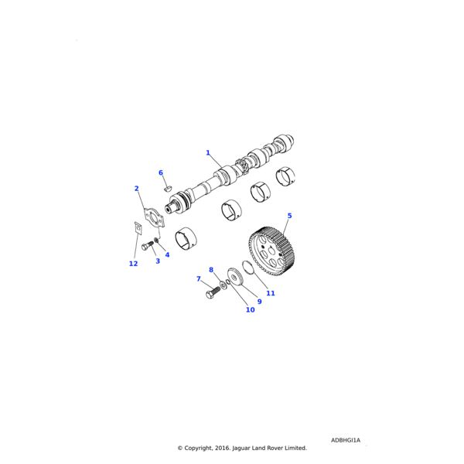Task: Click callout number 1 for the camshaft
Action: pyautogui.click(x=207, y=153)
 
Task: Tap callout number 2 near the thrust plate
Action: pyautogui.click(x=136, y=189)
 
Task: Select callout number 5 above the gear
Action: pyautogui.click(x=289, y=216)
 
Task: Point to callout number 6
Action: pyautogui.click(x=161, y=172)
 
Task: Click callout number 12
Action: pyautogui.click(x=133, y=264)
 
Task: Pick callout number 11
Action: pyautogui.click(x=271, y=293)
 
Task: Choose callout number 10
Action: pyautogui.click(x=250, y=310)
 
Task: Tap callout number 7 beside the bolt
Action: pyautogui.click(x=199, y=278)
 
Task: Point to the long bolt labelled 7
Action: pyautogui.click(x=212, y=294)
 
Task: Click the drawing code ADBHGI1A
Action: pyautogui.click(x=346, y=441)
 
